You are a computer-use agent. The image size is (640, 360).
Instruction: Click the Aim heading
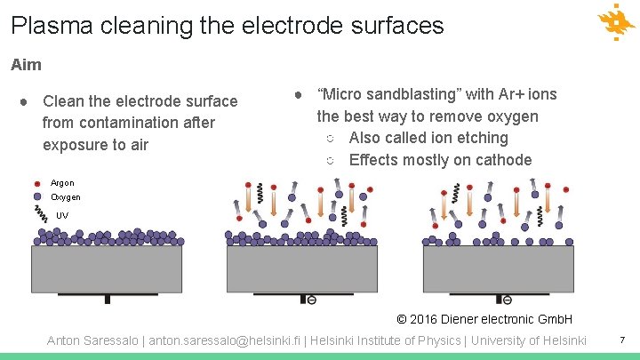(26, 65)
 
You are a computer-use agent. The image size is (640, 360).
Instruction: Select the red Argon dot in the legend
(37, 183)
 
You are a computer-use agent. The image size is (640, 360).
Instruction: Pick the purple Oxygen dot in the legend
(37, 196)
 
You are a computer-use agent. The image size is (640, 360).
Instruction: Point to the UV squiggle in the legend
(40, 213)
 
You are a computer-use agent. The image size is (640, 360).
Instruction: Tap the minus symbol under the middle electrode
(311, 300)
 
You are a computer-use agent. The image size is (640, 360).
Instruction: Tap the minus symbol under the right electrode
(507, 300)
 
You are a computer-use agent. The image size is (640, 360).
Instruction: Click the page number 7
(622, 340)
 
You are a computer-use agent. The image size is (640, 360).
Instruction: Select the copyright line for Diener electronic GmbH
(484, 319)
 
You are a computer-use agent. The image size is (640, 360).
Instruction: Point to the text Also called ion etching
(428, 138)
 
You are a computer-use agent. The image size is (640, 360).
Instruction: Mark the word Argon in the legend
(62, 183)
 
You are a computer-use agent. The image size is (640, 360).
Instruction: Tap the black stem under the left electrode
(108, 300)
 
